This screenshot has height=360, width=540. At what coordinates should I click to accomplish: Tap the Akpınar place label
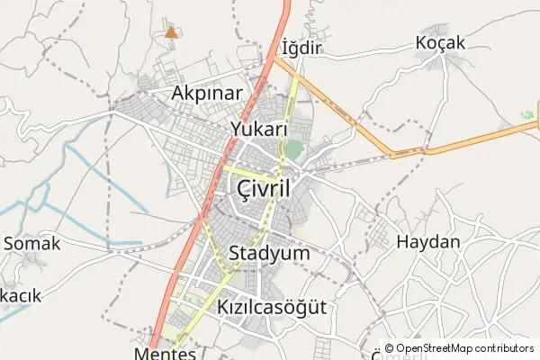pyautogui.click(x=208, y=94)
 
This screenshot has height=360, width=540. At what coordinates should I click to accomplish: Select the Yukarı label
pyautogui.click(x=258, y=128)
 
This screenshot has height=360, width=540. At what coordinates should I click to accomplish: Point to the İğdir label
pyautogui.click(x=301, y=47)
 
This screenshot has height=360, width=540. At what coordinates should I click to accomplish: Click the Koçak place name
pyautogui.click(x=439, y=41)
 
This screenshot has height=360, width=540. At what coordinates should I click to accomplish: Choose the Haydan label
pyautogui.click(x=427, y=242)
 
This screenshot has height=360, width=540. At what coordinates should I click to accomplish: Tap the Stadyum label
pyautogui.click(x=269, y=253)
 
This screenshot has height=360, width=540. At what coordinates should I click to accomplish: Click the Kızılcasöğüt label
pyautogui.click(x=271, y=308)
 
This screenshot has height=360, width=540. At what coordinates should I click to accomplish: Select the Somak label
pyautogui.click(x=31, y=243)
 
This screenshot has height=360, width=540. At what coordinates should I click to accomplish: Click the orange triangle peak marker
pyautogui.click(x=171, y=32)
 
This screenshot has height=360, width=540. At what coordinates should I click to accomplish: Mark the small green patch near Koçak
pyautogui.click(x=527, y=115)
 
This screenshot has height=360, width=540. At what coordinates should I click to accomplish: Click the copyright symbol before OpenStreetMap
pyautogui.click(x=389, y=348)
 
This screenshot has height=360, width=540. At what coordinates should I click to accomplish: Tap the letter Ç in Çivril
pyautogui.click(x=244, y=189)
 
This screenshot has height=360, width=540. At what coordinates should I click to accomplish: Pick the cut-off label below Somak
pyautogui.click(x=21, y=295)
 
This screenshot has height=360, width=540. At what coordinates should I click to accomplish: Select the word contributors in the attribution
pyautogui.click(x=499, y=348)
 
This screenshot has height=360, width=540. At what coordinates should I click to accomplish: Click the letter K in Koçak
pyautogui.click(x=421, y=41)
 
